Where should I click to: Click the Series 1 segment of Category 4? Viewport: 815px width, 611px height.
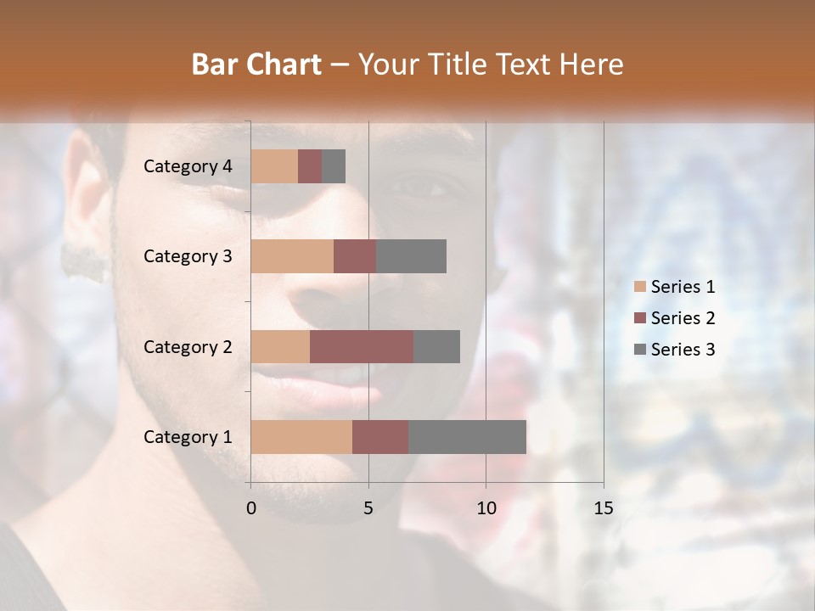pyautogui.click(x=274, y=166)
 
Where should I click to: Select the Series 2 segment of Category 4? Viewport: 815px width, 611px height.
pyautogui.click(x=310, y=166)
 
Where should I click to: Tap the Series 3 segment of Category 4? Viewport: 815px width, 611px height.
pyautogui.click(x=334, y=166)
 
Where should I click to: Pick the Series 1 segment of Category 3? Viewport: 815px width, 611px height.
pyautogui.click(x=292, y=256)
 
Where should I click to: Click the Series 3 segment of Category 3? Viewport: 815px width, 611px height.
pyautogui.click(x=411, y=256)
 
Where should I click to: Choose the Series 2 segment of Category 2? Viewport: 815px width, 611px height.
pyautogui.click(x=362, y=346)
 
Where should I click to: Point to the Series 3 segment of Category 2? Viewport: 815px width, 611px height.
pyautogui.click(x=436, y=346)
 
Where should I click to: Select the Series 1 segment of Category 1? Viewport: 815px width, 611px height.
pyautogui.click(x=301, y=436)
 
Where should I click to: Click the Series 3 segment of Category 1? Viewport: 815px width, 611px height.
pyautogui.click(x=467, y=436)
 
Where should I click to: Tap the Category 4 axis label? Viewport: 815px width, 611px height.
pyautogui.click(x=188, y=166)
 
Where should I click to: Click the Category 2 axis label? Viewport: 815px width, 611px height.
pyautogui.click(x=188, y=346)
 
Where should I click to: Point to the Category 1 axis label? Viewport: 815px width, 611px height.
pyautogui.click(x=188, y=437)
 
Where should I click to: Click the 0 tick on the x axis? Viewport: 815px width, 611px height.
pyautogui.click(x=250, y=508)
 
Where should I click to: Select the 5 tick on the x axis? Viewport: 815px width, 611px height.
pyautogui.click(x=368, y=508)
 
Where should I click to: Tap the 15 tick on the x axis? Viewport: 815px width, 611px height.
pyautogui.click(x=603, y=508)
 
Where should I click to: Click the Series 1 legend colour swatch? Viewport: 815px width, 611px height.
pyautogui.click(x=640, y=287)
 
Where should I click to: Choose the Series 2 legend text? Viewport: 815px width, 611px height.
pyautogui.click(x=683, y=318)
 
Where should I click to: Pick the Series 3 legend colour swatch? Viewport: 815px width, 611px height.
pyautogui.click(x=640, y=350)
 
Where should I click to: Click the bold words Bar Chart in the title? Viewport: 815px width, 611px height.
pyautogui.click(x=256, y=64)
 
